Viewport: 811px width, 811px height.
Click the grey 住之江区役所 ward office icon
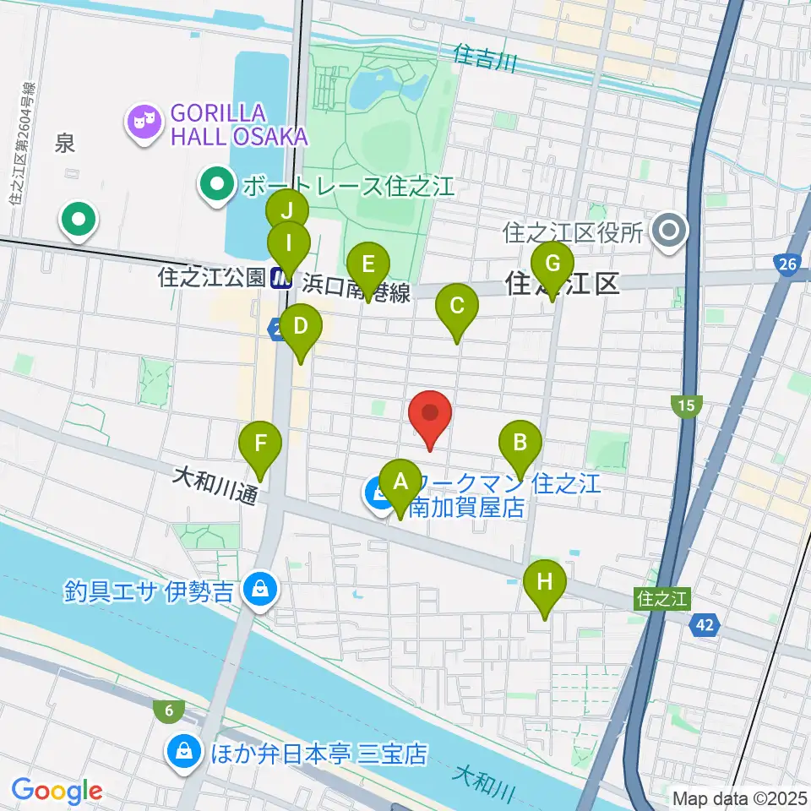671,230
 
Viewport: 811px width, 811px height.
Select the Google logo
57,791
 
